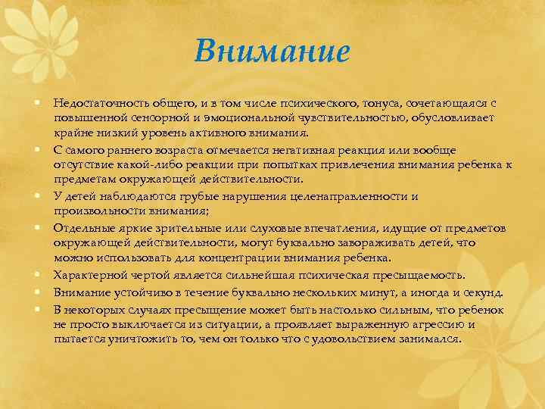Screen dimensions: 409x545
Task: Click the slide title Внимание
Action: [272, 52]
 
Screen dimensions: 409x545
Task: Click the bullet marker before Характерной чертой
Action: [36, 276]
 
